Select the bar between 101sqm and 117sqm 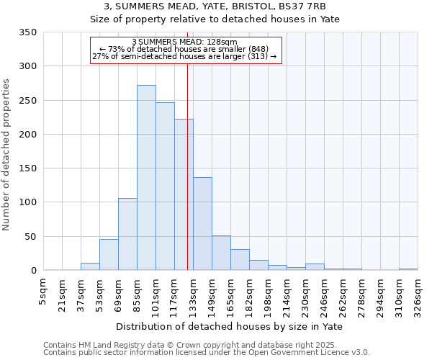(165, 186)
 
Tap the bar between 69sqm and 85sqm (127, 235)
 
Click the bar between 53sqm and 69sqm (109, 255)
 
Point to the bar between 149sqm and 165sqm (221, 253)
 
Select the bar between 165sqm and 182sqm (240, 260)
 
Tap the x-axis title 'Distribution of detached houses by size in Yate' (230, 326)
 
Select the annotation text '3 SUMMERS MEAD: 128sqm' (185, 42)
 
